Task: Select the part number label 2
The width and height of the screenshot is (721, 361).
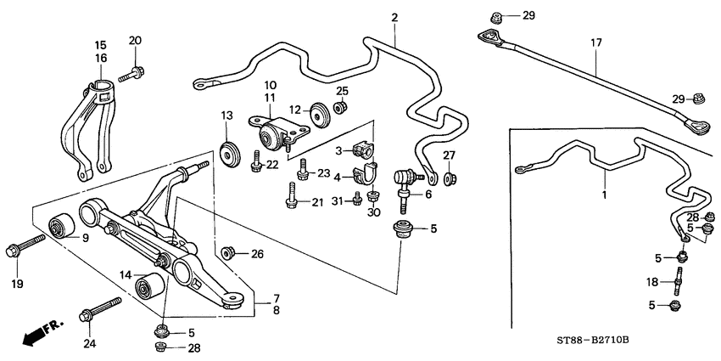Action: [394, 18]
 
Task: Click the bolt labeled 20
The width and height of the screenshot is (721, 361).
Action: [129, 76]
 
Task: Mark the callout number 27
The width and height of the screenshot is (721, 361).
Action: [450, 155]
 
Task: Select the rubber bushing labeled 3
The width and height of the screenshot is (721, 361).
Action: [364, 150]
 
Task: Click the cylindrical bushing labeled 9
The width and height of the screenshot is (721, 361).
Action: [60, 226]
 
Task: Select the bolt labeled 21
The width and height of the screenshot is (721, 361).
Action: [289, 201]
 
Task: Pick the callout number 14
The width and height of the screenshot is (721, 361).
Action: [125, 274]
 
